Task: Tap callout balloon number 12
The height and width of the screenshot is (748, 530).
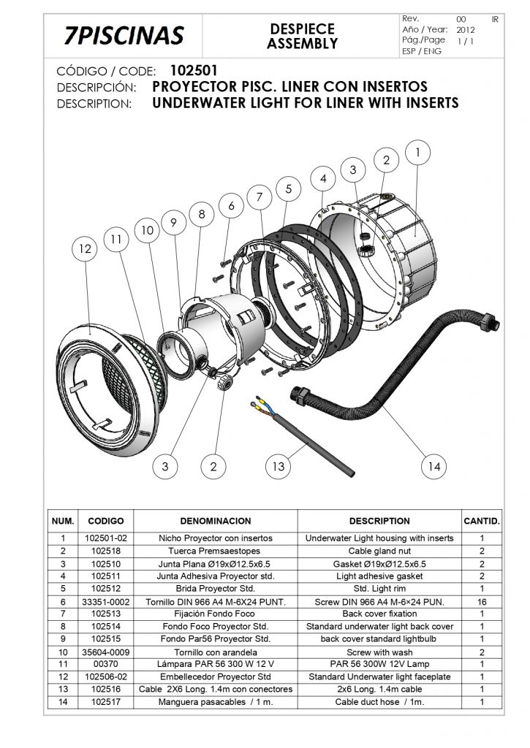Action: coord(85,249)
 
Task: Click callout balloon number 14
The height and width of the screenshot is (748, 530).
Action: coord(434,465)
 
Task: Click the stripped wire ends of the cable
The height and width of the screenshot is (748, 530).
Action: coord(260,403)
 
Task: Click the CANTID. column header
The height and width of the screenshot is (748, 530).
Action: coord(482,521)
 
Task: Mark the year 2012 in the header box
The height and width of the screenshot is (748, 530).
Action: coord(466,31)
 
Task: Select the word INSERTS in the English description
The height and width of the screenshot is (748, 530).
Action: coord(423,103)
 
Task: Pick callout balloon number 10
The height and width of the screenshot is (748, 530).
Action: coord(148,230)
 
